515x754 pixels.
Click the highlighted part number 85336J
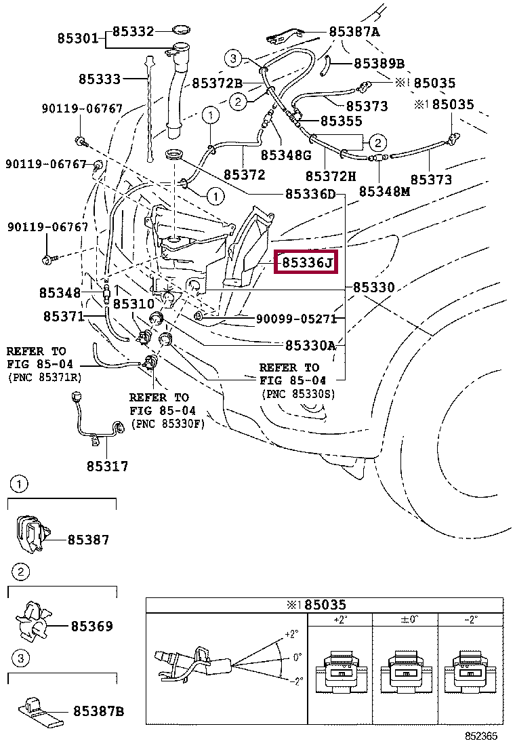click(308, 262)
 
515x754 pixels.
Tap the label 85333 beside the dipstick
click(99, 79)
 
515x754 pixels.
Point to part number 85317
click(107, 467)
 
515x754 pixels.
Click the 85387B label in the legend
click(99, 711)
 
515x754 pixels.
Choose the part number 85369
click(92, 626)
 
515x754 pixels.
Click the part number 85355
click(342, 121)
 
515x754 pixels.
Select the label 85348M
click(384, 191)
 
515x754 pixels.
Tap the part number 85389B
click(379, 64)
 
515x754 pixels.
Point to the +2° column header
click(339, 620)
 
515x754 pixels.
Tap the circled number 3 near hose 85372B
click(232, 59)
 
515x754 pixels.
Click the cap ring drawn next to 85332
click(181, 29)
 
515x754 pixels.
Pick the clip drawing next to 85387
click(30, 534)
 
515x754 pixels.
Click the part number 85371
click(64, 317)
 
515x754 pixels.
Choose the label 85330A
click(310, 346)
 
